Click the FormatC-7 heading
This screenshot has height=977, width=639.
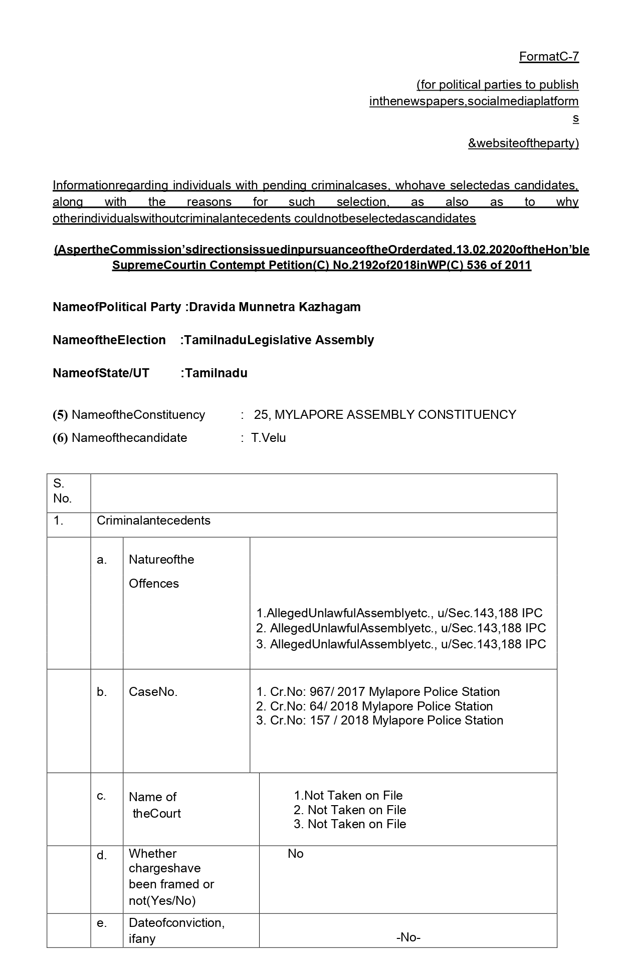(549, 57)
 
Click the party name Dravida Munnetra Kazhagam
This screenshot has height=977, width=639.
(275, 307)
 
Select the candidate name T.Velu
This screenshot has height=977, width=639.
(269, 437)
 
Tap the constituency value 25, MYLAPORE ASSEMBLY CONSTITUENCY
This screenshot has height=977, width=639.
(385, 414)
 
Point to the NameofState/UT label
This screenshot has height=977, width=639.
(101, 373)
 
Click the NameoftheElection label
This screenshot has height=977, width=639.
(109, 340)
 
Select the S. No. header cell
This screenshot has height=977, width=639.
(63, 491)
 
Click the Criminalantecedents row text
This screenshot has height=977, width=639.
(153, 520)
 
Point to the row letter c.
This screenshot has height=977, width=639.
(101, 796)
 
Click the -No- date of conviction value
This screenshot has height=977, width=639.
(408, 937)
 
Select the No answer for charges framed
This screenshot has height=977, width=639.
(296, 853)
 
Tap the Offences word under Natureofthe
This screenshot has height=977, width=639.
(153, 583)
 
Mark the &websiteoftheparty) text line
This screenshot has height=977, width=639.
(523, 143)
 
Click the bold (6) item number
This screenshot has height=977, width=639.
(60, 437)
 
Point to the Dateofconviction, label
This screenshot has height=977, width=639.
(176, 922)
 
